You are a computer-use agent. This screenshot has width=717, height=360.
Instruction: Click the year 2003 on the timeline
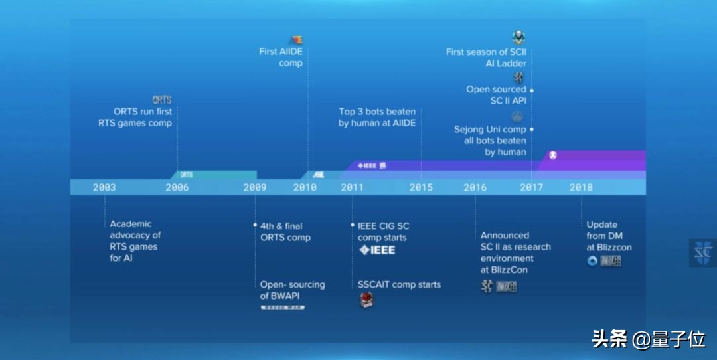[104, 187]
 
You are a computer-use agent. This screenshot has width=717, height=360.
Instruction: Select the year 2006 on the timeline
[177, 187]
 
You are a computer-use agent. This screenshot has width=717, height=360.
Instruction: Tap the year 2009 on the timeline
[255, 187]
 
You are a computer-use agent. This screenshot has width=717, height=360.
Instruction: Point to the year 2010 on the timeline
[305, 187]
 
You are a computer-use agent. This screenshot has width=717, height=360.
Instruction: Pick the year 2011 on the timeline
[353, 187]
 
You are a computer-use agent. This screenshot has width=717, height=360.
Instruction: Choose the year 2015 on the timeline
[421, 187]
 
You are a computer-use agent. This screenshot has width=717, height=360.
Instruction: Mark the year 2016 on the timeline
[475, 187]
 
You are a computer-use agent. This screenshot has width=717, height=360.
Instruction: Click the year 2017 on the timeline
[531, 187]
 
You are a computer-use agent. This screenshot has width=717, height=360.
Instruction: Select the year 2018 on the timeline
[581, 187]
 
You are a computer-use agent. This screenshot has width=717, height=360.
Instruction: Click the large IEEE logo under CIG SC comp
[377, 250]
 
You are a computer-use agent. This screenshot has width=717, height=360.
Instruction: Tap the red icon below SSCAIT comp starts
[366, 300]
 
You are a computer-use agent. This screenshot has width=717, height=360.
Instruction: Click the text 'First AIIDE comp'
[281, 57]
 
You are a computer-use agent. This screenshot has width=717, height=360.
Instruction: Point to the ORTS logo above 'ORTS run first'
[162, 100]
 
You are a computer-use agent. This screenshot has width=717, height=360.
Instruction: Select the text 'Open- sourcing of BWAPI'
[292, 290]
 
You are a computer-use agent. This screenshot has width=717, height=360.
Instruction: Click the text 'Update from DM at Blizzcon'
[609, 236]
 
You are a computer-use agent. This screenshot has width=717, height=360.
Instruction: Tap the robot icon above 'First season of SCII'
[518, 37]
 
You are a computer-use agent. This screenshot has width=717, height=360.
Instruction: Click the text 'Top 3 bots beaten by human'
[377, 117]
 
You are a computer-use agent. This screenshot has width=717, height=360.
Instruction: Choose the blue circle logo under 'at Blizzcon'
[592, 261]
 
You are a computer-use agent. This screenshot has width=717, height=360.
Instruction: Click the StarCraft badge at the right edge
[702, 252]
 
